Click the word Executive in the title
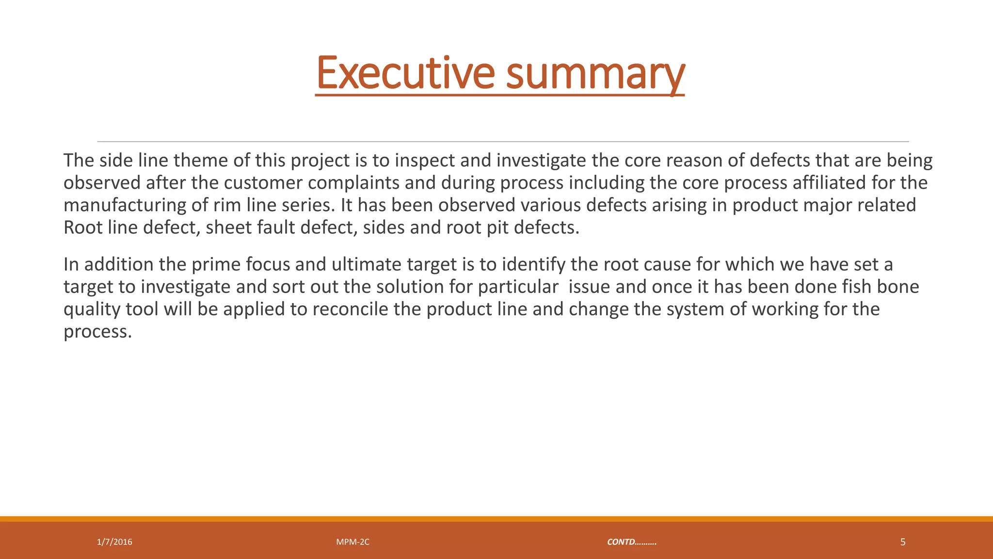[405, 74]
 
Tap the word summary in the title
[595, 74]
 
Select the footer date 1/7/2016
[114, 542]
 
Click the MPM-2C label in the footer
[352, 542]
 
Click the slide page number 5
[902, 542]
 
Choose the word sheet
[228, 228]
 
